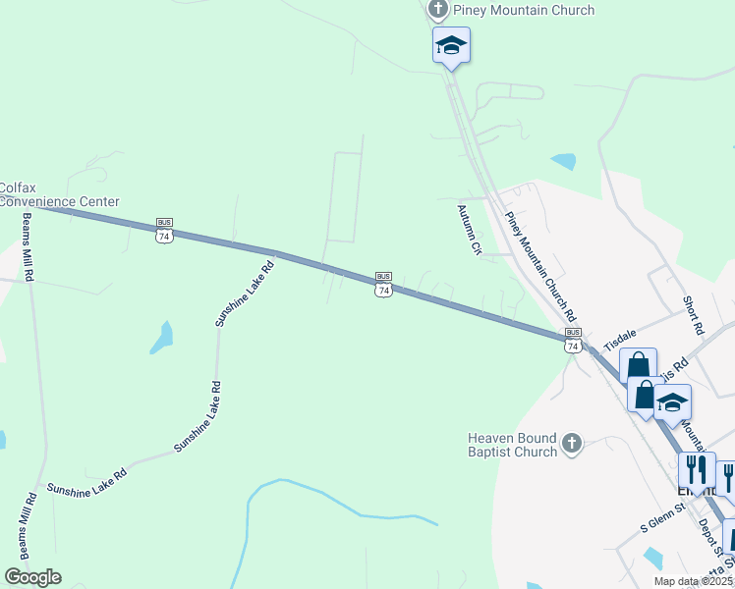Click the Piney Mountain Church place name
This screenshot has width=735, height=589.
click(523, 11)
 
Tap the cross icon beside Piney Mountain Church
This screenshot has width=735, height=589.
click(438, 11)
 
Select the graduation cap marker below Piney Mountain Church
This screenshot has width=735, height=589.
click(451, 45)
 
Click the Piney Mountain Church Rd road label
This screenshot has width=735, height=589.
click(538, 266)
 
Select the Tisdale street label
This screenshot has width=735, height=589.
click(620, 340)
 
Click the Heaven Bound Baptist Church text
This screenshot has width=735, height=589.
click(512, 445)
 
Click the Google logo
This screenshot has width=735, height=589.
click(32, 576)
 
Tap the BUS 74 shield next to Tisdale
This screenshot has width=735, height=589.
click(573, 340)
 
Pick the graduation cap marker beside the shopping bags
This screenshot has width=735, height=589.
click(673, 402)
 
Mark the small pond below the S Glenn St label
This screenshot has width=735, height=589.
click(653, 559)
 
